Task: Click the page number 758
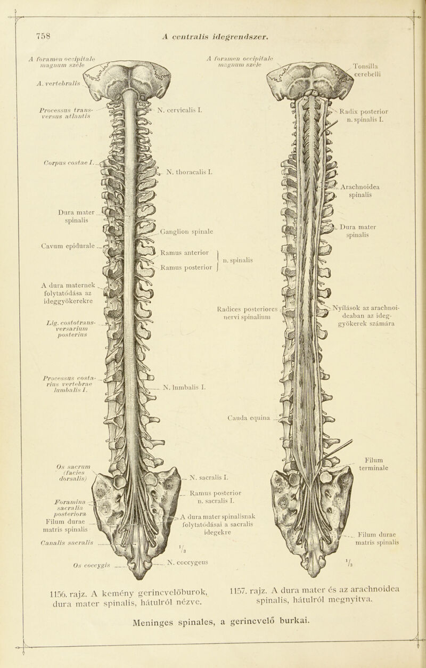(x=43, y=36)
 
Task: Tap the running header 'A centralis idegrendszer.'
(x=216, y=37)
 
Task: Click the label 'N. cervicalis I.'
(x=180, y=110)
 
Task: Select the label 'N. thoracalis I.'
(x=189, y=172)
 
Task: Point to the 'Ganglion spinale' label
(x=186, y=231)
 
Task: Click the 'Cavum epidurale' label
(x=68, y=246)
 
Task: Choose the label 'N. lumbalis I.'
(x=185, y=388)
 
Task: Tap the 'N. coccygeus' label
(x=187, y=562)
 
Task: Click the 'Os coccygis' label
(x=92, y=565)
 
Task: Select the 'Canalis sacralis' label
(x=67, y=542)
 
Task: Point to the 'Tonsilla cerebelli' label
(x=367, y=70)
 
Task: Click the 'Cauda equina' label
(x=249, y=418)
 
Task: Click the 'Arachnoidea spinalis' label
(x=360, y=191)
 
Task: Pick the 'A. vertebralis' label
(x=58, y=84)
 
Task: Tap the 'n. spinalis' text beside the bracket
(x=238, y=260)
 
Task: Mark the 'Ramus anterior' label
(x=185, y=252)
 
